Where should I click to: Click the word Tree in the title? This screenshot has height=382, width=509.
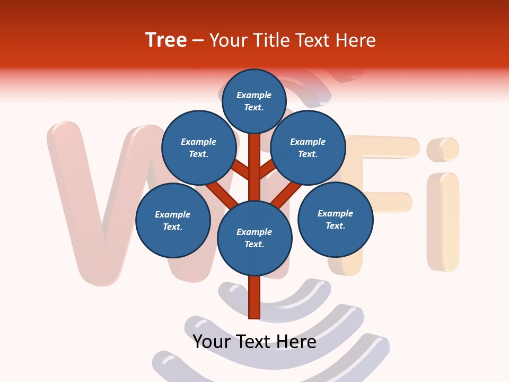(x=166, y=40)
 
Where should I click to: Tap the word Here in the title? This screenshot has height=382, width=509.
(x=355, y=40)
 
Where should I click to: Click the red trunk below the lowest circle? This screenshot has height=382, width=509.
(x=254, y=297)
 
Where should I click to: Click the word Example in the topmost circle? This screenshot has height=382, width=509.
(x=254, y=95)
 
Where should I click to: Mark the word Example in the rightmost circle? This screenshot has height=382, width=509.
(x=335, y=213)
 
